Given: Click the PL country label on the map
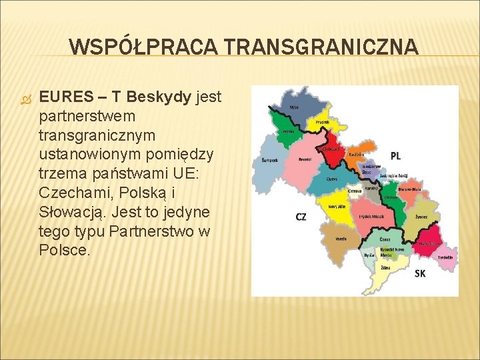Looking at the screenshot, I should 395,155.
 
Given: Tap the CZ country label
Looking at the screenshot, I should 301,217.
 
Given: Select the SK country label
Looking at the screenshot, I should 420,273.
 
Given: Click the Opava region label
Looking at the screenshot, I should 331,179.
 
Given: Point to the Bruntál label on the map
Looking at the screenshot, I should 305,159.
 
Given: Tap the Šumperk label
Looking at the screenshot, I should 269,161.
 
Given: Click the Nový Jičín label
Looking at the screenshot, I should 337,207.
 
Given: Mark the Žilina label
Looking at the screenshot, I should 385,267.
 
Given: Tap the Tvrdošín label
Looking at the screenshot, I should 445,257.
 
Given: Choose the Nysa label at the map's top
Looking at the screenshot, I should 293,107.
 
